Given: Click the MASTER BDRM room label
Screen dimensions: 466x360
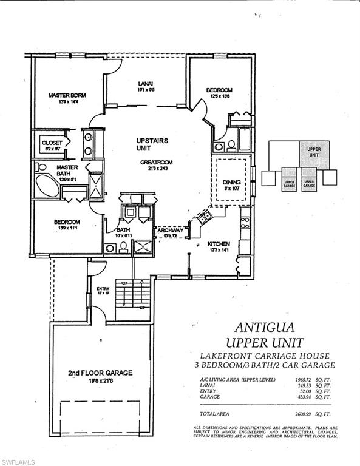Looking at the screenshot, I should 66,95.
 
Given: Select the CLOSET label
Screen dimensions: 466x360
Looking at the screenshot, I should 52,143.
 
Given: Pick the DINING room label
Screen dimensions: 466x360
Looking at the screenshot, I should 231,182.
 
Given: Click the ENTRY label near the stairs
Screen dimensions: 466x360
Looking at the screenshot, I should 102,289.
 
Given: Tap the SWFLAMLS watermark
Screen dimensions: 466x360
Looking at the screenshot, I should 18,462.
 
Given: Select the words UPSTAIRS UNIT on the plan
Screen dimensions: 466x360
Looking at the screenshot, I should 152,144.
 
